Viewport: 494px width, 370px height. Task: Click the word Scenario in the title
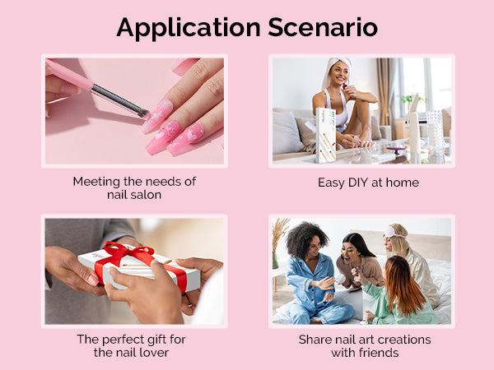pos(323,27)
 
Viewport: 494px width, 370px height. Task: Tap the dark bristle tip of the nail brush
pos(143,113)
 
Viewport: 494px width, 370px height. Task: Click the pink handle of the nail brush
pos(70,76)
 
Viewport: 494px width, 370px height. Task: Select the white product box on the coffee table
pos(325,136)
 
